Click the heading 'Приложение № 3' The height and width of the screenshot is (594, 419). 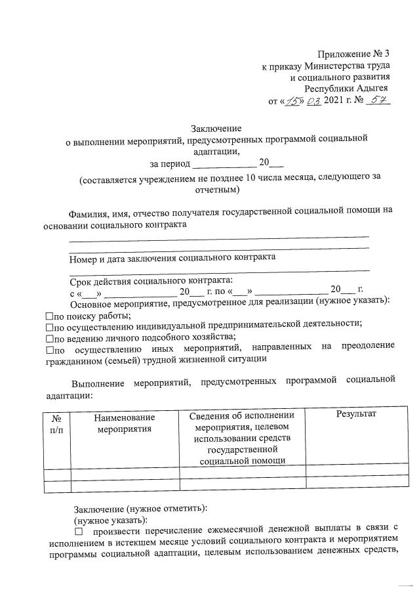(x=354, y=53)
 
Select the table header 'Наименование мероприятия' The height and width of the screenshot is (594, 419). (x=124, y=423)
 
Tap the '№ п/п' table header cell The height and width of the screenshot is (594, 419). (x=56, y=423)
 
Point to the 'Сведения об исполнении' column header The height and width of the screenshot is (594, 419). (x=242, y=415)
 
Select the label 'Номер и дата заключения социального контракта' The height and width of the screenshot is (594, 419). (x=173, y=257)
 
